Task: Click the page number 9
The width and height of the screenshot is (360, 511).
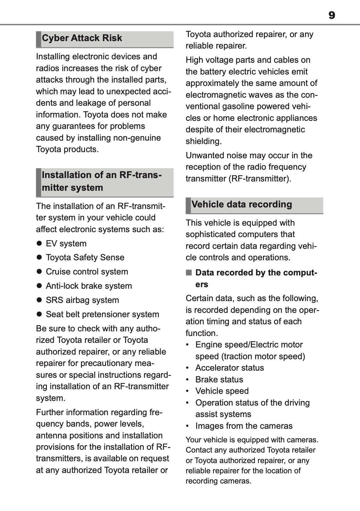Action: [x=332, y=15]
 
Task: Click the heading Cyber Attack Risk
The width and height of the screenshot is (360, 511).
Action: [x=82, y=38]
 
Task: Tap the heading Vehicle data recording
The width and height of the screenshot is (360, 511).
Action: [x=242, y=205]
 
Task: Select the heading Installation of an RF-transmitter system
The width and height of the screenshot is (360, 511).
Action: [x=102, y=181]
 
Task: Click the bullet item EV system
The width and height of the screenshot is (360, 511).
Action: [x=66, y=244]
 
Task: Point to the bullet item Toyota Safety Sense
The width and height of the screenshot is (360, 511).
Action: [x=85, y=258]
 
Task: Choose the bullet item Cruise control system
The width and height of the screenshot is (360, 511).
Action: [x=87, y=272]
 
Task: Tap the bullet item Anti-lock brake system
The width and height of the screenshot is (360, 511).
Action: [x=89, y=286]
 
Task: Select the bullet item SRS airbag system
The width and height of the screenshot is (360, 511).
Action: [x=82, y=300]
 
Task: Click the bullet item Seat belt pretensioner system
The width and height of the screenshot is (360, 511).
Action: [x=102, y=314]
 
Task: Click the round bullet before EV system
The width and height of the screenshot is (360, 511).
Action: [x=39, y=243]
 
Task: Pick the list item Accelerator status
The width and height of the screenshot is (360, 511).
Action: [x=230, y=368]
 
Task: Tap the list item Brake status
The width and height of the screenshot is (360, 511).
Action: [x=219, y=380]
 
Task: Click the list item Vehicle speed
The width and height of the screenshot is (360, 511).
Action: [x=222, y=391]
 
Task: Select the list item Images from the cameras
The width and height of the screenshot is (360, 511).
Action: [x=244, y=426]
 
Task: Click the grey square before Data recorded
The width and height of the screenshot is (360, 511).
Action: [x=189, y=273]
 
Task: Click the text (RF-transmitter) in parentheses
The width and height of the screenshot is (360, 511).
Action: [x=259, y=179]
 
